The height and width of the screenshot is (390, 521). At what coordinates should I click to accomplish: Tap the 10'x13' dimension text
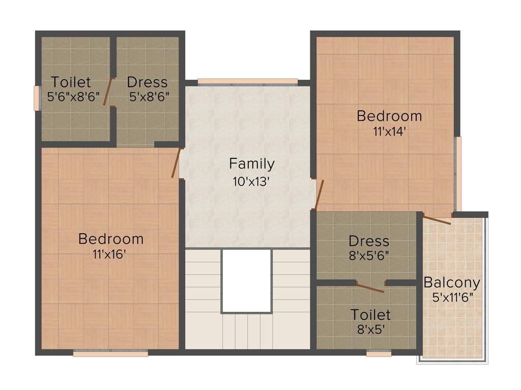tap(251, 181)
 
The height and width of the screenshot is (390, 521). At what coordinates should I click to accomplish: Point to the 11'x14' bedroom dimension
tap(389, 132)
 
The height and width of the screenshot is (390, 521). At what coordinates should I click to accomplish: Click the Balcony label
tap(452, 282)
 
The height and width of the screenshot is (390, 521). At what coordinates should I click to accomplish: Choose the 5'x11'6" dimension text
tap(452, 298)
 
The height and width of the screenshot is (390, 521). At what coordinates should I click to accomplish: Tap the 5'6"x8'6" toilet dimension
tap(73, 97)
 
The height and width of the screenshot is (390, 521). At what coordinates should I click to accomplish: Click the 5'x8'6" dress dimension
tap(149, 97)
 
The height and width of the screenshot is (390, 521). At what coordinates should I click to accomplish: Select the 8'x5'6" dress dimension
tap(369, 256)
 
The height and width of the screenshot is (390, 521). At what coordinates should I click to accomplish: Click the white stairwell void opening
tap(246, 281)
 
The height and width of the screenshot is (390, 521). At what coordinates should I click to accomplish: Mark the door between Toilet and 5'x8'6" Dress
tap(108, 91)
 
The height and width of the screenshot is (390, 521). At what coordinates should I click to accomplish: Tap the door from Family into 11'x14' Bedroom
tap(319, 194)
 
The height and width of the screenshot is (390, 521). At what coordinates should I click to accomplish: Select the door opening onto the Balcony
tap(437, 220)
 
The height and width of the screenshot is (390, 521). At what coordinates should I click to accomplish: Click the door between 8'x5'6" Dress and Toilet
tap(370, 287)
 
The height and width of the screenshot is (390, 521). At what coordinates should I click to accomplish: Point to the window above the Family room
tap(247, 81)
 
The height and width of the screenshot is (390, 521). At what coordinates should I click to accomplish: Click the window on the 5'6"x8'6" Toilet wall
tap(37, 98)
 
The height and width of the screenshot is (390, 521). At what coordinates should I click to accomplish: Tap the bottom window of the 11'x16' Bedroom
tap(110, 353)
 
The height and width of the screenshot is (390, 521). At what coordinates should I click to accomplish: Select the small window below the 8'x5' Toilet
tap(379, 353)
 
